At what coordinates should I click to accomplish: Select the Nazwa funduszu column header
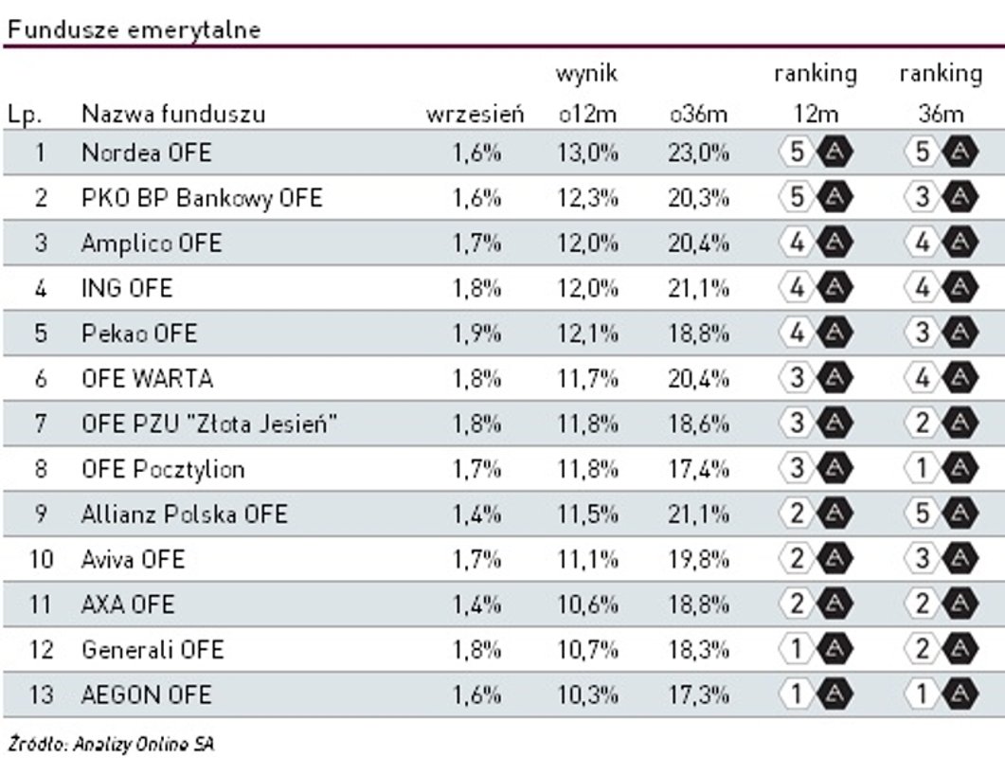click(173, 116)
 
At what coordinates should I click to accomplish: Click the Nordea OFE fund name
click(146, 153)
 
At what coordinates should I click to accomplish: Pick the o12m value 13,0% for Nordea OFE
click(587, 153)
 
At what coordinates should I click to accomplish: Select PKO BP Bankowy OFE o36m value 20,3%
click(698, 198)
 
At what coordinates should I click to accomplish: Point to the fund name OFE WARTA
click(147, 379)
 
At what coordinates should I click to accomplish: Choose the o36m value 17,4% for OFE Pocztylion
click(698, 469)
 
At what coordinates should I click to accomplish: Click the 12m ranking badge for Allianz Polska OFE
click(815, 514)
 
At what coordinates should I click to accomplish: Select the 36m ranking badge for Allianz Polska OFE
click(940, 514)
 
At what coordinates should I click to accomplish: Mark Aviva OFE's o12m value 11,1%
click(587, 560)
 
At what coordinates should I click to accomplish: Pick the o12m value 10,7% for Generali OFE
click(587, 650)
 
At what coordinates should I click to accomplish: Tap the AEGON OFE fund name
click(146, 695)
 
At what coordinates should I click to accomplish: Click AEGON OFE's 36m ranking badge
click(940, 695)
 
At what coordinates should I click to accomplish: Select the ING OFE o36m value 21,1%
click(698, 288)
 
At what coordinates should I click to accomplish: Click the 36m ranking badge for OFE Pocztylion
click(940, 469)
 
